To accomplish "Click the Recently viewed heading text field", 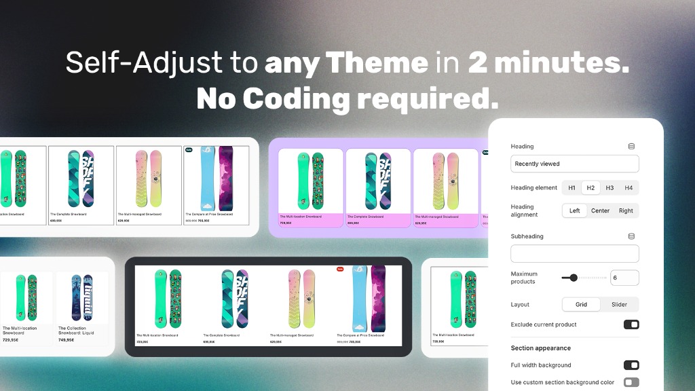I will click(574, 164).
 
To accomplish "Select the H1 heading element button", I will click(571, 188).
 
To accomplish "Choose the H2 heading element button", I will click(590, 188).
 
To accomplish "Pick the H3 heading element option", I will click(609, 188).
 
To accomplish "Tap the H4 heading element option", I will click(628, 188).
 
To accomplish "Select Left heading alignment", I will click(575, 210).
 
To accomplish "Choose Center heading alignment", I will click(600, 210).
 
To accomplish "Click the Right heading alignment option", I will click(626, 210).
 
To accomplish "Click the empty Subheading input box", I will click(574, 254).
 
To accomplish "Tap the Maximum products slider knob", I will click(574, 278).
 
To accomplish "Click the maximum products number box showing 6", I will click(624, 278).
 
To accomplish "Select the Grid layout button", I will click(582, 304).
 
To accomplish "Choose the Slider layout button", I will click(619, 304).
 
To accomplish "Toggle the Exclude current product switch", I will click(631, 324).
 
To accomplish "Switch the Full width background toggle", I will click(631, 365).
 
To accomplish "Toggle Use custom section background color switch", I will click(631, 382).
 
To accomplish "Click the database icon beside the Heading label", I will click(631, 146).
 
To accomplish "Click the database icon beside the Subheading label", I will click(631, 236).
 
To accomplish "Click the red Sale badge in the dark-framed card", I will click(341, 269).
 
